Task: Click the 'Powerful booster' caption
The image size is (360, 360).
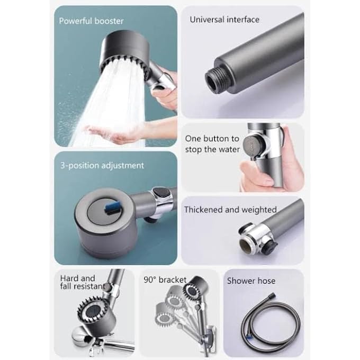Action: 91,21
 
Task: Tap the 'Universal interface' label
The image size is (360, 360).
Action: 224,20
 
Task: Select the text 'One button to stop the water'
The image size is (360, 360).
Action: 212,144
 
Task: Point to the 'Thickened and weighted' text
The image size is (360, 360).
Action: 230,210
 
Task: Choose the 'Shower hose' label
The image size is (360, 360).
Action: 251,281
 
